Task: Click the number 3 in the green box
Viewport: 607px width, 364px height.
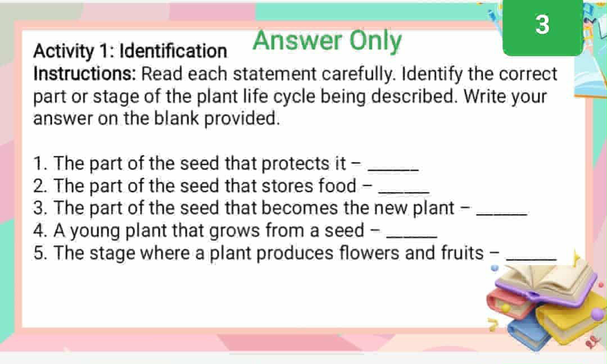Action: (542, 25)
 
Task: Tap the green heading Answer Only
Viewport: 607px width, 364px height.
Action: (327, 40)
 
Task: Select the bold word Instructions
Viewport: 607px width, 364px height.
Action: (85, 74)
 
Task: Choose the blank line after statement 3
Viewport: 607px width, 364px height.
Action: (501, 212)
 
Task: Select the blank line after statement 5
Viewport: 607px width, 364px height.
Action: (531, 257)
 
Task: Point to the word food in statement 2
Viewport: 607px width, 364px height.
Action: (337, 185)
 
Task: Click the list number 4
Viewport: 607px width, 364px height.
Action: (39, 231)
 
